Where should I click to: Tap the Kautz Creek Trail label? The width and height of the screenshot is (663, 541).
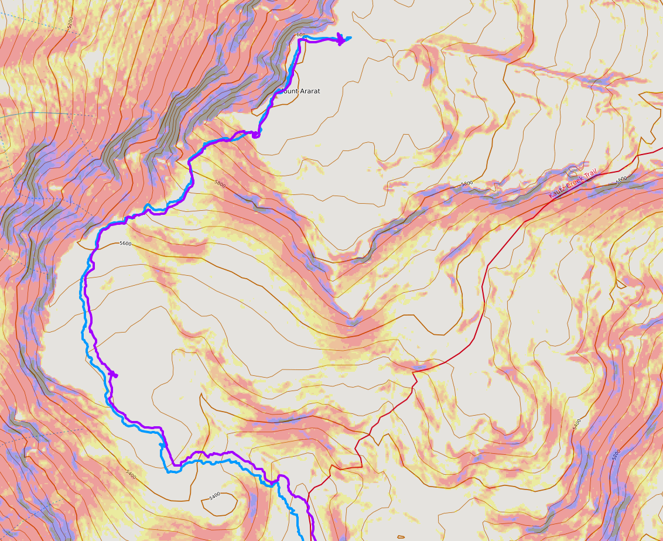pos(572,183)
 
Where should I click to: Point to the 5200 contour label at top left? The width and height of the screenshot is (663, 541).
pos(70,22)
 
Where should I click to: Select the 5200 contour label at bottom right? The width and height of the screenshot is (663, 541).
pos(615,454)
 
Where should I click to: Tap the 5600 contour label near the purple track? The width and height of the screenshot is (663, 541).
pos(125,243)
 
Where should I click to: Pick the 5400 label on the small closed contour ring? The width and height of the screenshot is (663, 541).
pos(214,496)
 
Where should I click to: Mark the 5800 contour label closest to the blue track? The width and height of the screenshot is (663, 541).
pos(220,183)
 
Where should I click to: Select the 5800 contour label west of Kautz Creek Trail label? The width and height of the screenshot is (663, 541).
pos(467,184)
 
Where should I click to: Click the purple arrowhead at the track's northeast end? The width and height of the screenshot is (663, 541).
pos(340,40)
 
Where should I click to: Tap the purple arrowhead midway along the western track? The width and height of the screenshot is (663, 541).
pos(113,375)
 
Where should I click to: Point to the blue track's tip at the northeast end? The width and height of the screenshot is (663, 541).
pos(350,38)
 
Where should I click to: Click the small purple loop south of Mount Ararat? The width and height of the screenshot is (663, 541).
pos(256,135)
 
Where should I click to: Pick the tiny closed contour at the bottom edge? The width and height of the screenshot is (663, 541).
pos(400,536)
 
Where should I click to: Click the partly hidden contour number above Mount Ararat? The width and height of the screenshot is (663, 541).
pos(300,35)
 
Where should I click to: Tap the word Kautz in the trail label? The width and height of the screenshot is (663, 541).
pos(556,192)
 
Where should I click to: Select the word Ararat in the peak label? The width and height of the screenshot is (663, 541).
pos(309,91)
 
